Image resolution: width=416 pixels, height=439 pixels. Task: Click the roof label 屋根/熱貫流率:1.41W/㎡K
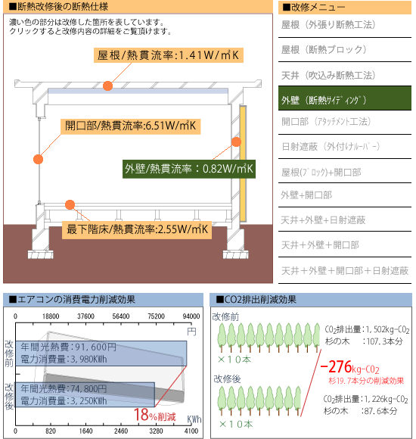pyautogui.click(x=169, y=55)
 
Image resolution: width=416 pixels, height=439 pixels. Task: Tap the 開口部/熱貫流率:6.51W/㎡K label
pyautogui.click(x=131, y=126)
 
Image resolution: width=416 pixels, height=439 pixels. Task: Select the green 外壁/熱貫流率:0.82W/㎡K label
pyautogui.click(x=189, y=169)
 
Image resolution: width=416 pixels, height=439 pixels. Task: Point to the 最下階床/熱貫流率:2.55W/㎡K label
pyautogui.click(x=137, y=229)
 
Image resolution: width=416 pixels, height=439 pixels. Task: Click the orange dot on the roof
pyautogui.click(x=107, y=86)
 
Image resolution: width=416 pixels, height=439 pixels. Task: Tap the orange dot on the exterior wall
pyautogui.click(x=237, y=142)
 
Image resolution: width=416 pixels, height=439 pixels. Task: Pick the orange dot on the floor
pyautogui.click(x=70, y=204)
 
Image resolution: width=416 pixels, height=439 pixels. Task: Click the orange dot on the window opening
pyautogui.click(x=38, y=159)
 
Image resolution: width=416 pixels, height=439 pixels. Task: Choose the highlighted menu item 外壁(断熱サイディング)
pyautogui.click(x=345, y=98)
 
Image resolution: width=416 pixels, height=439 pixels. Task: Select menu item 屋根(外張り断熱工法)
pyautogui.click(x=328, y=25)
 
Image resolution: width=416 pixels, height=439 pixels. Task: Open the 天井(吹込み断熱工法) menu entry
pyautogui.click(x=328, y=76)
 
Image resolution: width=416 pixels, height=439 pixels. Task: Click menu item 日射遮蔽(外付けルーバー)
pyautogui.click(x=331, y=146)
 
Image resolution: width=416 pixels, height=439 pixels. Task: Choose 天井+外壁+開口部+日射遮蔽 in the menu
pyautogui.click(x=345, y=270)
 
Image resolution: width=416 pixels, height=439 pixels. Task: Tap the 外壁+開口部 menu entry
pyautogui.click(x=306, y=195)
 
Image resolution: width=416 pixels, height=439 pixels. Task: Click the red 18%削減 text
pyautogui.click(x=155, y=415)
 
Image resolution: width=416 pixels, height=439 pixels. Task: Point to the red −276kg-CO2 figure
pyautogui.click(x=349, y=367)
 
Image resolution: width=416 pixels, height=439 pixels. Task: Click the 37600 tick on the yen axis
pyautogui.click(x=85, y=316)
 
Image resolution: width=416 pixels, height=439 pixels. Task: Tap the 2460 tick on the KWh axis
pyautogui.click(x=121, y=431)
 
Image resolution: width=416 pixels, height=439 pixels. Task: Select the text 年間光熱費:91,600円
pyautogui.click(x=69, y=347)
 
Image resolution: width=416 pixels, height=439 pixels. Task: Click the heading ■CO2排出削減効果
pyautogui.click(x=256, y=300)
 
